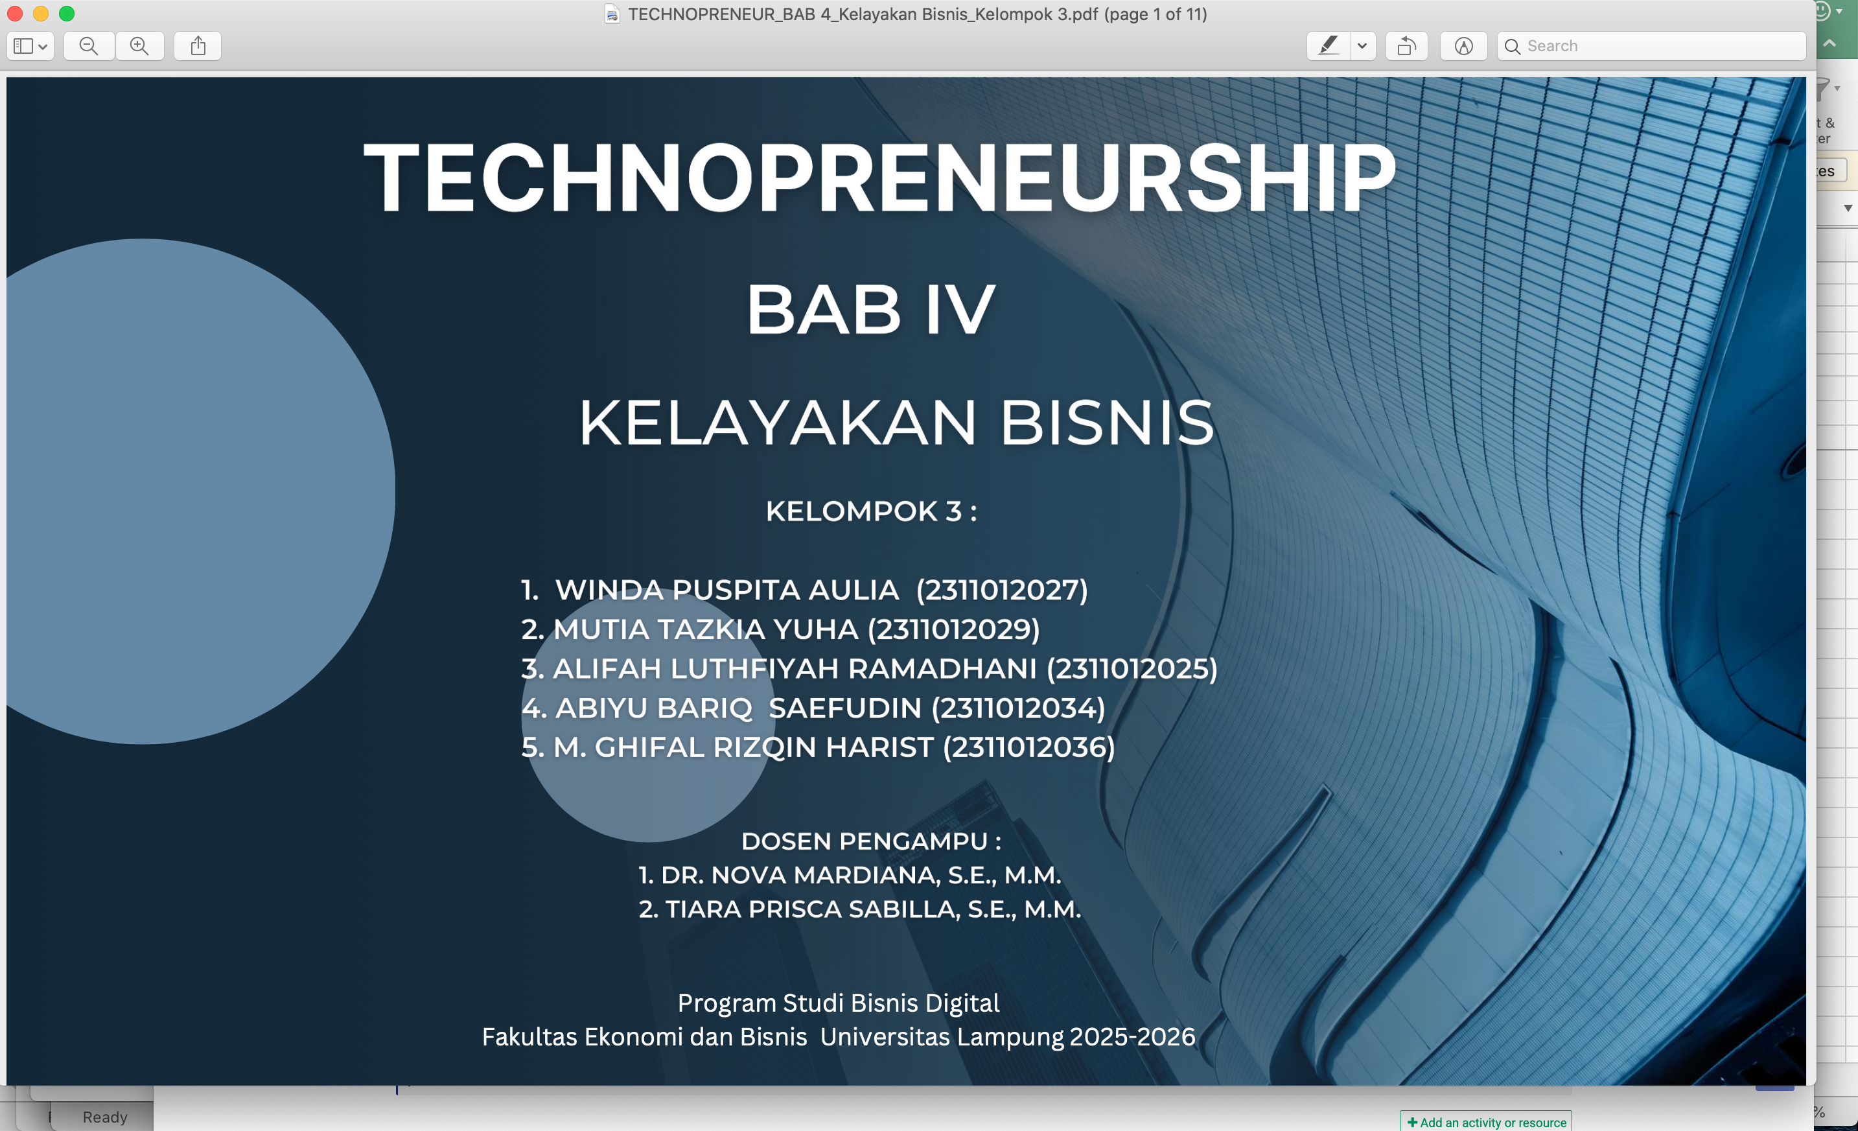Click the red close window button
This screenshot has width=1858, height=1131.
(x=14, y=14)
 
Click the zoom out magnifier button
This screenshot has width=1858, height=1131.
(x=89, y=46)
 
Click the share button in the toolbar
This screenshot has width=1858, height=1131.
(x=198, y=46)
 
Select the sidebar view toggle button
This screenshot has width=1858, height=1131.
(x=30, y=46)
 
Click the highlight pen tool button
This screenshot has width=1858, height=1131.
(x=1329, y=46)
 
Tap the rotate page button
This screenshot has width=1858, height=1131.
(x=1406, y=46)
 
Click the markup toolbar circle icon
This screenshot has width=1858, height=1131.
(x=1463, y=46)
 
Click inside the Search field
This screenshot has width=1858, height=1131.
(x=1651, y=46)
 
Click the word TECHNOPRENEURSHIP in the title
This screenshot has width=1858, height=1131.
(x=880, y=178)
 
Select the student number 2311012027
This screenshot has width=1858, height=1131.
(x=1002, y=590)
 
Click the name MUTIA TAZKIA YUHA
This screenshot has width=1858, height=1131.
(x=706, y=629)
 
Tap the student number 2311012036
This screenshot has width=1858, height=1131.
(x=1028, y=747)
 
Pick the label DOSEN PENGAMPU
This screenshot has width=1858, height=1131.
(x=864, y=841)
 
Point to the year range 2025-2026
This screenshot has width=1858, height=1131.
(x=1133, y=1037)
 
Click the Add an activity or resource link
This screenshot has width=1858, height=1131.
(x=1486, y=1122)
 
